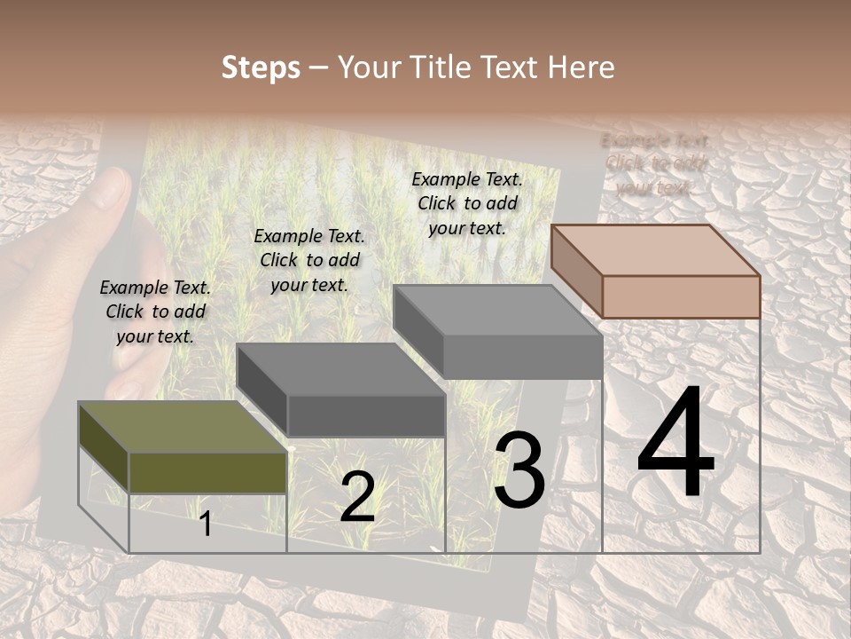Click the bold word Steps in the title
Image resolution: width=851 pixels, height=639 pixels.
point(261,67)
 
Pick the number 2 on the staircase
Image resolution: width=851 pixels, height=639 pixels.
point(357,497)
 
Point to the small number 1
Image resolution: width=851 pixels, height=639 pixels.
point(206,524)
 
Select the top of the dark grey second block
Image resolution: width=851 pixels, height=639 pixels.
point(340,369)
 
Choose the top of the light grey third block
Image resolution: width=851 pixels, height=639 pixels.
point(497,311)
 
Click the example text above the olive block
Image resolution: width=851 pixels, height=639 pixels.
point(155,312)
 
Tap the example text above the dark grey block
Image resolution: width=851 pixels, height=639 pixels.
point(309,260)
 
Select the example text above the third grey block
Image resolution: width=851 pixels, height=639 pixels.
point(467,203)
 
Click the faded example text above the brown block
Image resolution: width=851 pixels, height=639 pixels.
point(655,164)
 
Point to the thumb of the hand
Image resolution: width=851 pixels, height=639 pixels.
point(110,191)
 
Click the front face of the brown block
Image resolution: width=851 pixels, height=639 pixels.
point(681,296)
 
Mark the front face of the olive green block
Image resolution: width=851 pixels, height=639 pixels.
point(208,472)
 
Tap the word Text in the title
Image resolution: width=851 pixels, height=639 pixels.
point(509,67)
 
